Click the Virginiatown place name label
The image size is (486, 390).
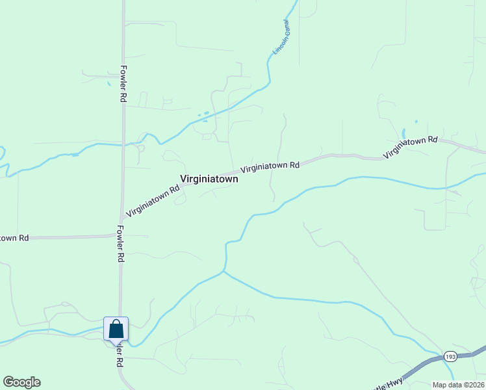tap(209, 179)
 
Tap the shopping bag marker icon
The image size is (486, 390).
tap(116, 328)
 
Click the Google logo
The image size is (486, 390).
tap(21, 382)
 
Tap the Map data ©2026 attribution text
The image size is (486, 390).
tap(458, 385)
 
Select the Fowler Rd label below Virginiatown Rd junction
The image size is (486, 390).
tap(121, 244)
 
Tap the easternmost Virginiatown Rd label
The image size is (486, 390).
tap(411, 148)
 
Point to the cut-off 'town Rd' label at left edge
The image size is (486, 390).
tap(14, 238)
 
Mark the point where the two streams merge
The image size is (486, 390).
tap(224, 272)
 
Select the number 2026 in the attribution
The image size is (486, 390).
tap(476, 385)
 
